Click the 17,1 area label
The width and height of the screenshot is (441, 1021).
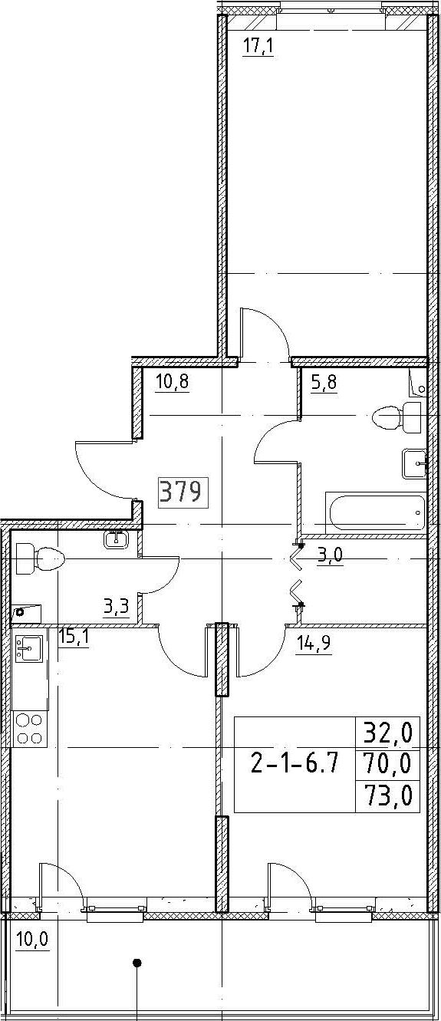[258, 47]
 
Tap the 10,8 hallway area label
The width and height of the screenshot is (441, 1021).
[172, 382]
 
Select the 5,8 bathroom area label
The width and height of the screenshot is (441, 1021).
[324, 382]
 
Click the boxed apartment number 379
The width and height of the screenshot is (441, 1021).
[183, 492]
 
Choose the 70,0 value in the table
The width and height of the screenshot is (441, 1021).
[387, 762]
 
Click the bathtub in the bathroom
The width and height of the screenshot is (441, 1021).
[375, 512]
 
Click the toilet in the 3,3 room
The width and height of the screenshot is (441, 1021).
[40, 558]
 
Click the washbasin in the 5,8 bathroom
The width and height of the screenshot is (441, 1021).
[414, 463]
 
